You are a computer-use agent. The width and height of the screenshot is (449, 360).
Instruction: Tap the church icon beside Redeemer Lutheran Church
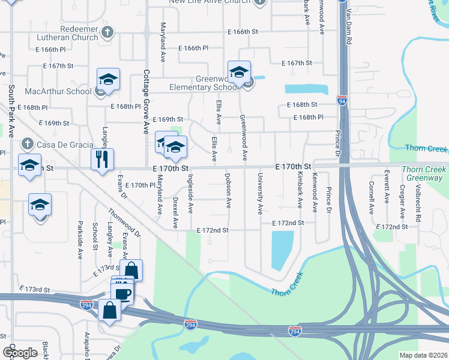[x=107, y=32]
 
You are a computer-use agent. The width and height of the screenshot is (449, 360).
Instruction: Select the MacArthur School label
[x=58, y=92]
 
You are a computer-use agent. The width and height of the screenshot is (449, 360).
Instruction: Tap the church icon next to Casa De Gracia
[x=26, y=144]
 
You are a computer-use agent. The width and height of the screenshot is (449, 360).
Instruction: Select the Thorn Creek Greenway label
[x=424, y=173]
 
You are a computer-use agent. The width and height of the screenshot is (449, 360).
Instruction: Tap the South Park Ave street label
[x=11, y=112]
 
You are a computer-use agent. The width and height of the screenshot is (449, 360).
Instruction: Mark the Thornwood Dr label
[x=124, y=223]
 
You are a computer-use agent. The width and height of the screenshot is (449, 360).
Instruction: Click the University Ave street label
[x=260, y=194]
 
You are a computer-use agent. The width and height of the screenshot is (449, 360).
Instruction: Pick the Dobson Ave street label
[x=228, y=191]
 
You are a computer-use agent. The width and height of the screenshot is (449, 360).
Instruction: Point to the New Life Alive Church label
[x=208, y=2]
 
